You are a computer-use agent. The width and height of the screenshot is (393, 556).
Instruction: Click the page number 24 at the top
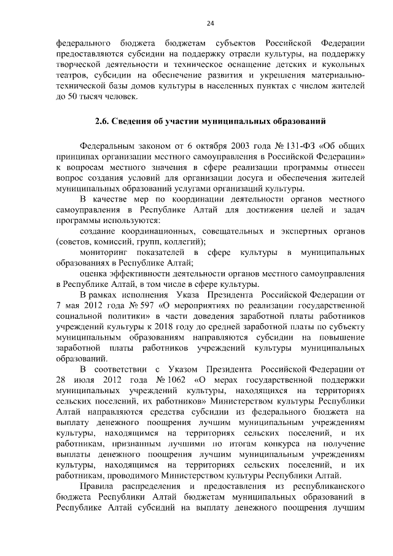(x=210, y=23)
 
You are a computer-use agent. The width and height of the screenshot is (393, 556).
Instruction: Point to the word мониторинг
(x=104, y=253)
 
